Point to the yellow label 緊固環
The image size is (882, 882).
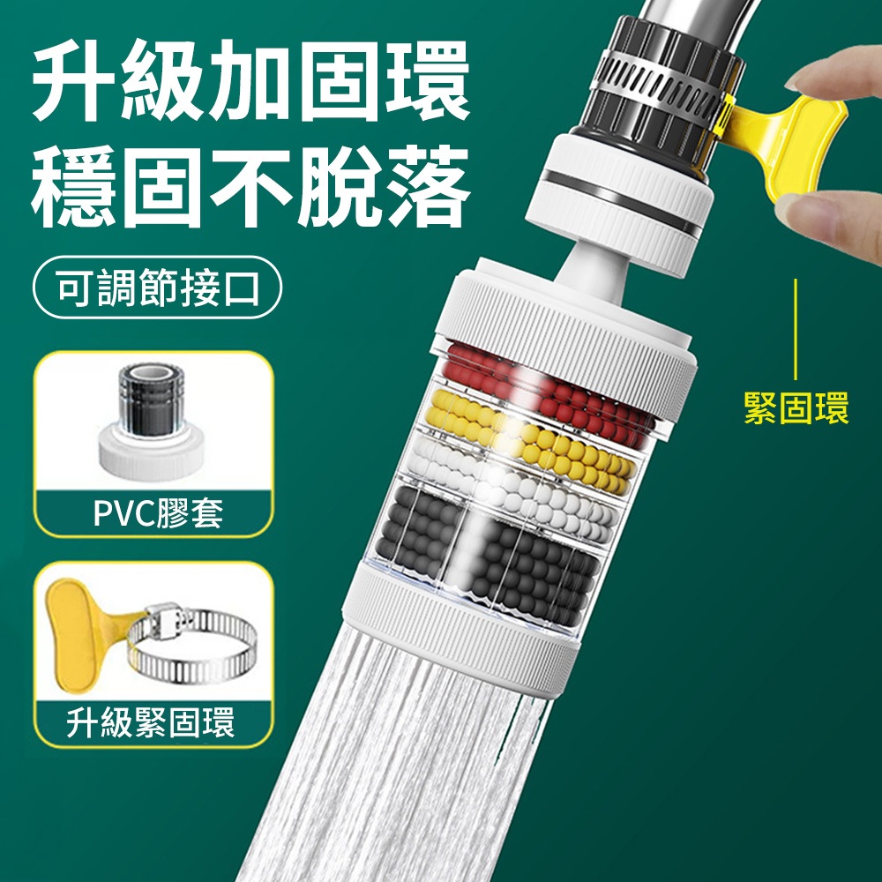[x=796, y=407]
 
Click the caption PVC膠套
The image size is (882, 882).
[x=158, y=512]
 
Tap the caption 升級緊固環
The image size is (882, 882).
[x=151, y=722]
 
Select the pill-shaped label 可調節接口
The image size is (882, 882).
[x=158, y=288]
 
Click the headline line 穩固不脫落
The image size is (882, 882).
[x=250, y=186]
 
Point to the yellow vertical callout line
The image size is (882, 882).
[x=796, y=329]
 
